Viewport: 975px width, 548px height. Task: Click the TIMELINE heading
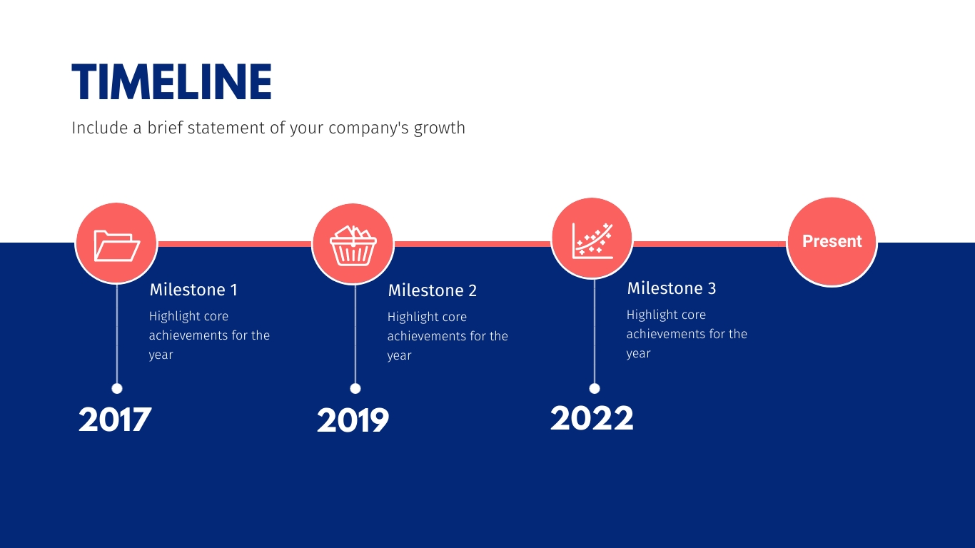click(171, 82)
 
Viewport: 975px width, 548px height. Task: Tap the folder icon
click(116, 245)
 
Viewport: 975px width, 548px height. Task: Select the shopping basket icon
click(353, 245)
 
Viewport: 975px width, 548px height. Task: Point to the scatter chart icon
click(592, 240)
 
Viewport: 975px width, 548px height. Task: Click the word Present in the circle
click(832, 241)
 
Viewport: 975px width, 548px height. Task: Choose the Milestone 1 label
click(193, 290)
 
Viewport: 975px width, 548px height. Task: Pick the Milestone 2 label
click(433, 290)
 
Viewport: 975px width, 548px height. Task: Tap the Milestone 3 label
click(671, 288)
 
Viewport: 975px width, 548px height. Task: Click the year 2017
click(115, 420)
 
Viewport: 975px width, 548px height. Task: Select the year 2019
click(353, 420)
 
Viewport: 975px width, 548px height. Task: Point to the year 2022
click(592, 418)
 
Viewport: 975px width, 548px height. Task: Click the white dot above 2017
click(117, 389)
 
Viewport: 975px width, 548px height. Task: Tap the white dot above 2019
click(355, 389)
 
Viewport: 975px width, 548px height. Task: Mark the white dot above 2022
click(595, 389)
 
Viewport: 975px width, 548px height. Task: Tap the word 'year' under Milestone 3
click(639, 354)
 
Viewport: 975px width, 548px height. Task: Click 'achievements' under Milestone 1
click(188, 335)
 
